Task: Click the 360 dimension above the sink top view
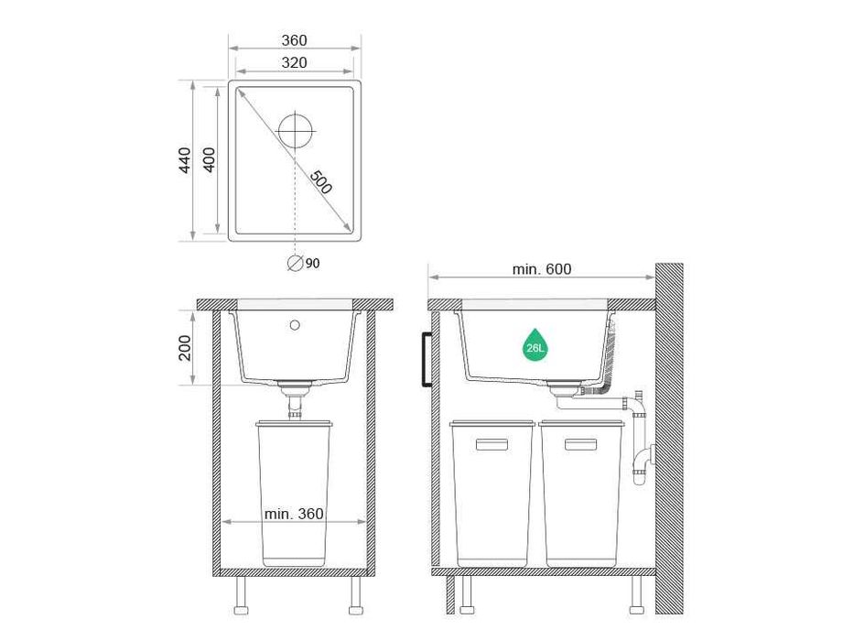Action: [294, 40]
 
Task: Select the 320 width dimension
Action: [294, 62]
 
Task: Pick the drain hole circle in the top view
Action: [295, 130]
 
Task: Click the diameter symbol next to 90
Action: [295, 263]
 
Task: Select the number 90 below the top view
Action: [313, 264]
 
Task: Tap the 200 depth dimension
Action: [185, 347]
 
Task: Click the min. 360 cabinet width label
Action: [294, 514]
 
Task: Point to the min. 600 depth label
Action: [542, 269]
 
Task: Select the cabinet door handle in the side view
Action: [425, 360]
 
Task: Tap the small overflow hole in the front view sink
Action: [295, 324]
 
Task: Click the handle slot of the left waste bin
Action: [492, 444]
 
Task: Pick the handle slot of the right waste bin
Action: [580, 444]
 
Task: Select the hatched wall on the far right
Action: [669, 440]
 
